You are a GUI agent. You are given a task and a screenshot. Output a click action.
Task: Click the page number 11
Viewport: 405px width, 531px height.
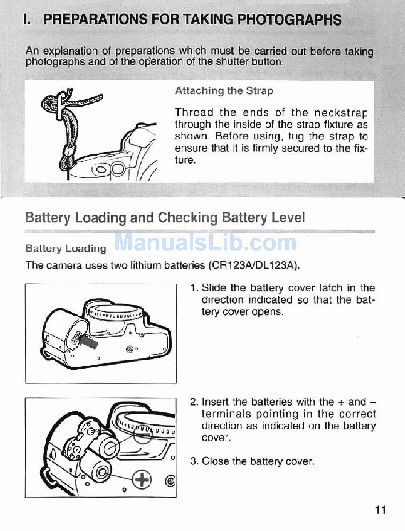click(381, 510)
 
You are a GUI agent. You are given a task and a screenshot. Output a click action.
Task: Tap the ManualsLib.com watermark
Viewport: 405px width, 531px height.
click(205, 243)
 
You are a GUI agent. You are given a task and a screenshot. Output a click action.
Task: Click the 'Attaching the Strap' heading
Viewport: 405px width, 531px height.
click(224, 91)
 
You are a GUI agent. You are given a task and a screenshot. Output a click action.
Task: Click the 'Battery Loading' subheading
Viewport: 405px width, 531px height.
click(66, 249)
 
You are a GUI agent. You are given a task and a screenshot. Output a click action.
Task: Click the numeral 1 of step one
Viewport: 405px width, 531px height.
click(193, 288)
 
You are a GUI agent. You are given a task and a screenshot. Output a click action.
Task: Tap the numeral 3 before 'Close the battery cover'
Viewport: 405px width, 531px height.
click(194, 461)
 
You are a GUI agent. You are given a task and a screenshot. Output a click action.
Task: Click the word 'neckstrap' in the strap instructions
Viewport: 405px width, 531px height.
click(341, 113)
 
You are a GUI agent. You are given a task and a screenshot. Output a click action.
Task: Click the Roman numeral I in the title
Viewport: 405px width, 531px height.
click(27, 20)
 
